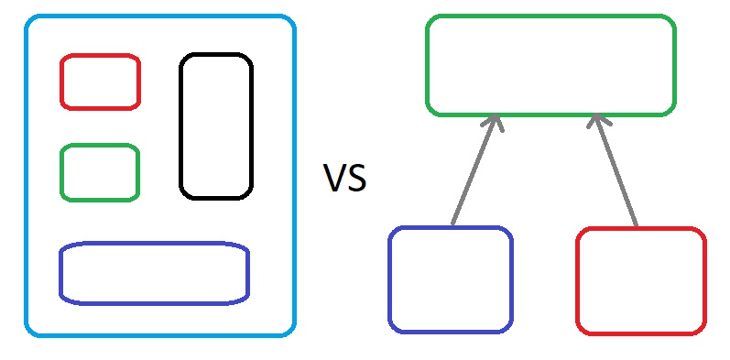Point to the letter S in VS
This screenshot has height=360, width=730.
(x=356, y=178)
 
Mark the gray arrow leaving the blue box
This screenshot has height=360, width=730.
(x=474, y=170)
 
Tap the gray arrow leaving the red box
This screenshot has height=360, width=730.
(x=615, y=170)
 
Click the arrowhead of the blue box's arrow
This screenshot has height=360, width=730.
(x=496, y=115)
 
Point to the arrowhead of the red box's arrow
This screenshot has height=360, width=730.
(x=594, y=115)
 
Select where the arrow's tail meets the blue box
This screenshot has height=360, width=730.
(x=452, y=226)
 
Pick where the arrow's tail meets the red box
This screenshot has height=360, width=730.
(x=636, y=227)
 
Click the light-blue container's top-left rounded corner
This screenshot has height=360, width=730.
(x=29, y=19)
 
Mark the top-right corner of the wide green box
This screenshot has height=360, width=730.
(x=672, y=19)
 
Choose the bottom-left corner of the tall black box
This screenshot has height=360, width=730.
(x=183, y=196)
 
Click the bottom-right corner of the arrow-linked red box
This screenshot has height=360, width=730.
(x=703, y=331)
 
